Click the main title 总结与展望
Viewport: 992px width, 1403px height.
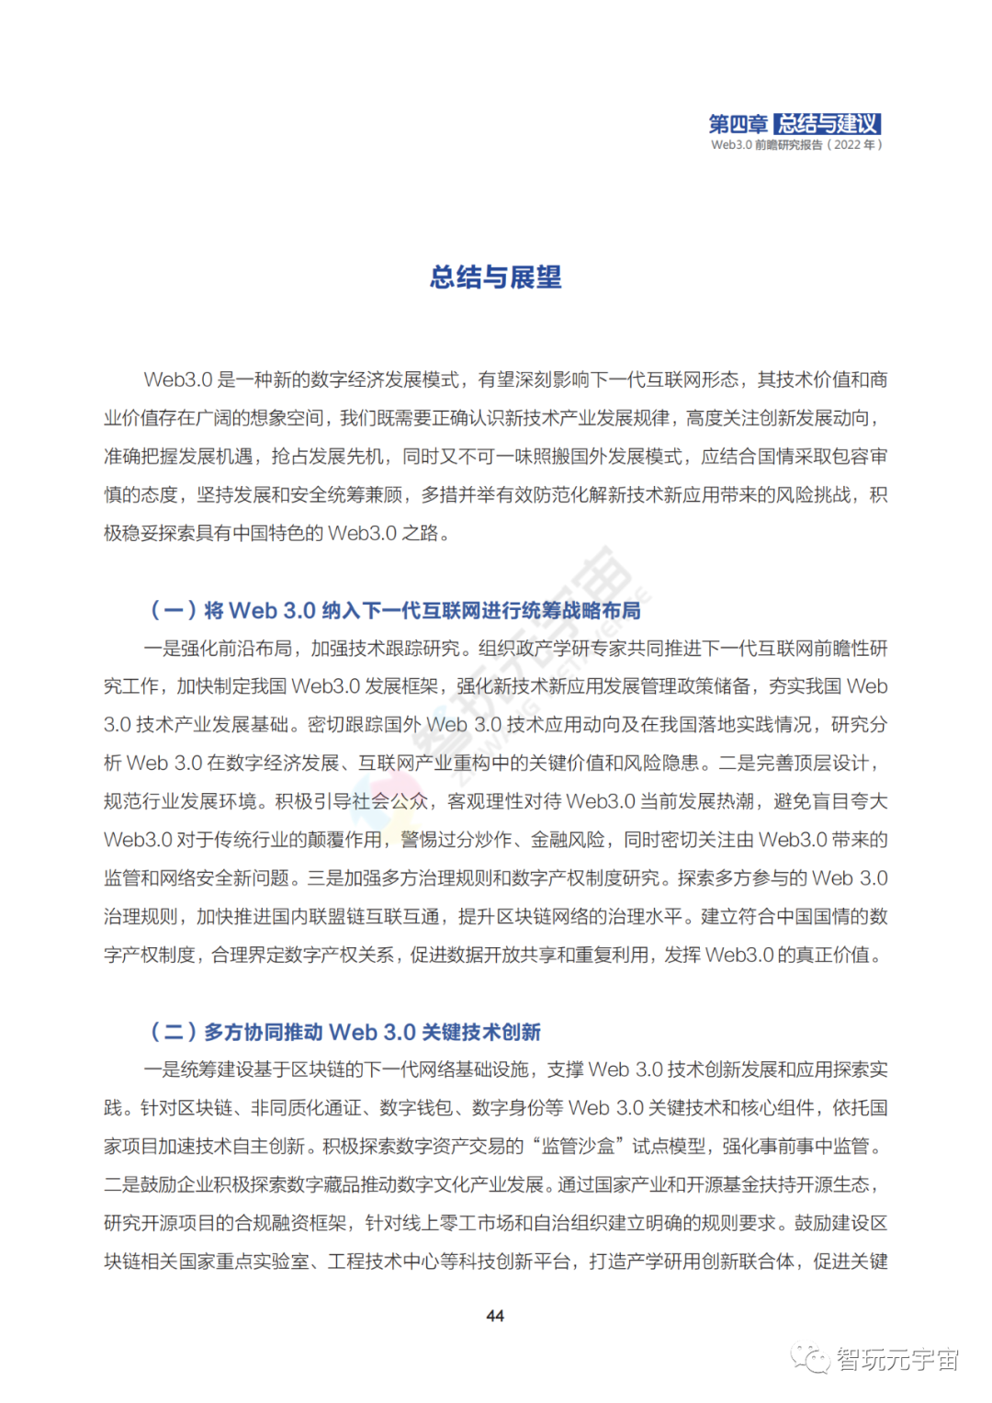pyautogui.click(x=495, y=277)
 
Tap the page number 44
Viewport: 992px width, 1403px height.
pyautogui.click(x=495, y=1316)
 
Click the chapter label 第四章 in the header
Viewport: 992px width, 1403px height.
pyautogui.click(x=738, y=124)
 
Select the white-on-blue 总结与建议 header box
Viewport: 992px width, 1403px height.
pyautogui.click(x=827, y=124)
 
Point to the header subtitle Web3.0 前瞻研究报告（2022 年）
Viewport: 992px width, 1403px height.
pyautogui.click(x=795, y=144)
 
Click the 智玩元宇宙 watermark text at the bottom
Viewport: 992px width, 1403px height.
pyautogui.click(x=897, y=1359)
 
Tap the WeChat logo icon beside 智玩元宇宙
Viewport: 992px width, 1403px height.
pyautogui.click(x=811, y=1358)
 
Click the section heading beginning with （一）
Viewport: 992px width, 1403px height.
pyautogui.click(x=395, y=610)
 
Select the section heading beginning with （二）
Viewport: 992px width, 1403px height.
pyautogui.click(x=345, y=1032)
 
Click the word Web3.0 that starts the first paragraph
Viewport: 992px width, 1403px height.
pyautogui.click(x=178, y=379)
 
